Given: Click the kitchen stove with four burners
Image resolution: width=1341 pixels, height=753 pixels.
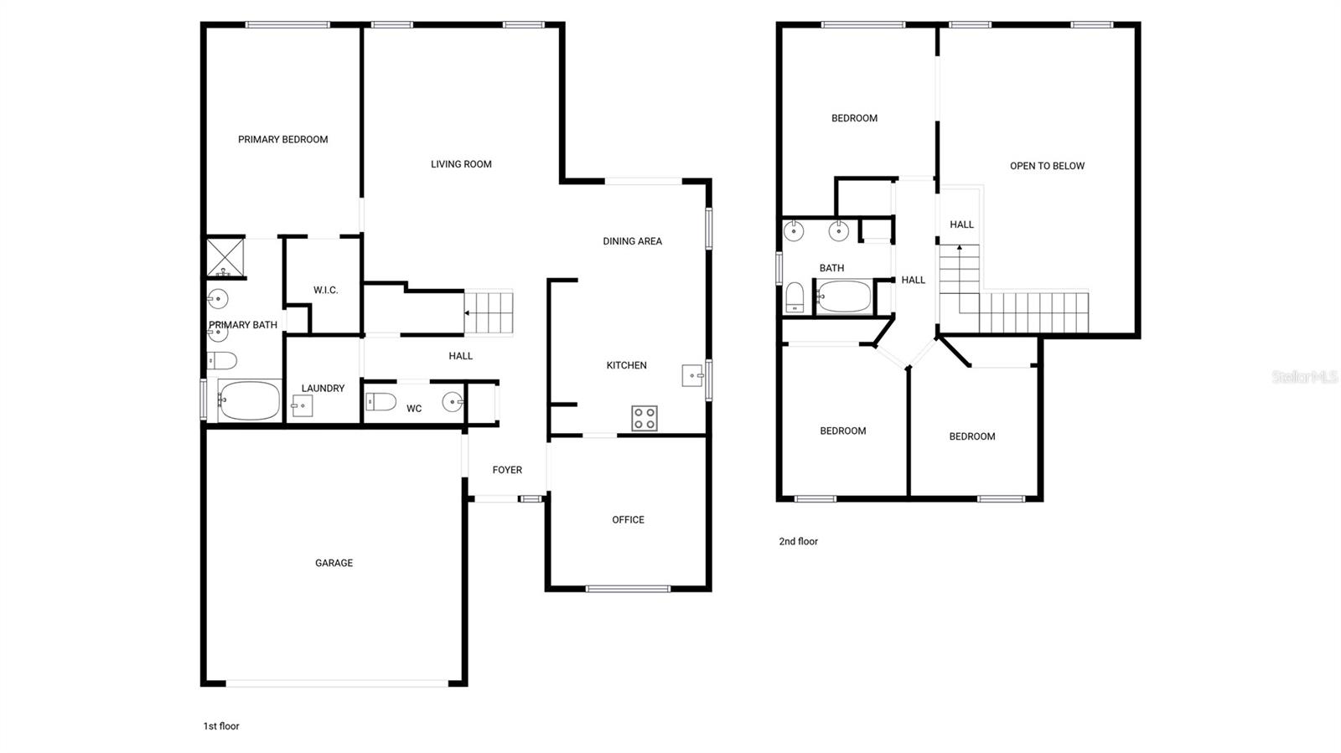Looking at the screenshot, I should pos(645,418).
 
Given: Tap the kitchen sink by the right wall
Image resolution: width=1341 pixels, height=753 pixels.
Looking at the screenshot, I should pos(692,375).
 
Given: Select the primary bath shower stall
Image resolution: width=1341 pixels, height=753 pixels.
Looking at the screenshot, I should pos(225,257).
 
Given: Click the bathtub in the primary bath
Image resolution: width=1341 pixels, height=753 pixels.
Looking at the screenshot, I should pos(250,401).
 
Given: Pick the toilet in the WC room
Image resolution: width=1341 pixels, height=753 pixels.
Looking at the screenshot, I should pos(381,402).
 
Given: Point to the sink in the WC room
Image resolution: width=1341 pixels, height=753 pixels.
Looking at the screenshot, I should pos(453,402).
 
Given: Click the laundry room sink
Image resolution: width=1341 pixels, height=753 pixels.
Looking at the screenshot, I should pos(302,406).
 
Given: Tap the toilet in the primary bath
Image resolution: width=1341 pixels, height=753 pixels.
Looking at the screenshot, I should pos(222,361).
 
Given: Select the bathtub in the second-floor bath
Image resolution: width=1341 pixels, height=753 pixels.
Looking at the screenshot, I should pos(844,297).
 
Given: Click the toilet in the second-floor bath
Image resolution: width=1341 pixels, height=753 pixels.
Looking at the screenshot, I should pos(795,297).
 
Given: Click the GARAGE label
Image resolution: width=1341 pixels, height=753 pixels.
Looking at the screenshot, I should pos(334,563).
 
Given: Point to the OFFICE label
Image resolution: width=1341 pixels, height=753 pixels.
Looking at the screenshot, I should pos(628,520).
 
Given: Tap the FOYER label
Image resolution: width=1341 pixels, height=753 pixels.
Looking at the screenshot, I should pos(507,470).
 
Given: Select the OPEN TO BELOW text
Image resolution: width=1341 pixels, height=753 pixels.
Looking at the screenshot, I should pos(1047,166).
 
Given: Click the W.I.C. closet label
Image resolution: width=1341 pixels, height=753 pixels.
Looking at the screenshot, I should pos(326,290).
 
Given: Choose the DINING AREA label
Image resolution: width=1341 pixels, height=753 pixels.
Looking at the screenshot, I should pos(632,241).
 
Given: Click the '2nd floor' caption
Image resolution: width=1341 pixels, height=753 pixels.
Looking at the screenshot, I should pos(798,541).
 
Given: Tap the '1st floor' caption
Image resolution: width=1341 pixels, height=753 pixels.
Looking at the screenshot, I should pos(221,726).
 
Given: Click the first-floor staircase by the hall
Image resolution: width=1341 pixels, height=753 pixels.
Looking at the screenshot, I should pos(489,312).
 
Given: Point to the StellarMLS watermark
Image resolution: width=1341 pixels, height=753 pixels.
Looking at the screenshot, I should pos(1304,377).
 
